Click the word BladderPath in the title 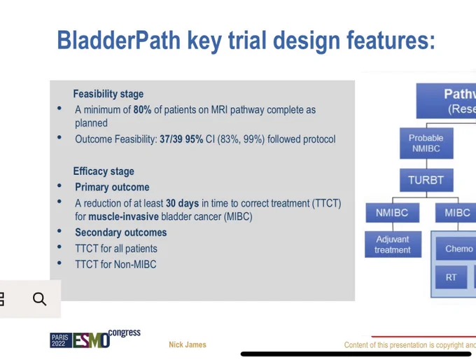[x=119, y=40]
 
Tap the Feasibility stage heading [x=108, y=94]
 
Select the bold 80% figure [x=142, y=110]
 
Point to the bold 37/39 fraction [x=171, y=139]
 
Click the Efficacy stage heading [x=104, y=172]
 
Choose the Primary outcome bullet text [x=112, y=187]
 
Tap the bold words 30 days [x=182, y=203]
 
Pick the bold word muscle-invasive [x=124, y=216]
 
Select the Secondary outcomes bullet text [x=121, y=233]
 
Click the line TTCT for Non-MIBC [x=115, y=264]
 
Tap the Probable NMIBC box [x=426, y=143]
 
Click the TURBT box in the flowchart [x=426, y=180]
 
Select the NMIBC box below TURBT [x=392, y=213]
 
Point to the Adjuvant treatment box [x=393, y=244]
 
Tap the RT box [x=451, y=277]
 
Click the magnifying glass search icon [x=39, y=299]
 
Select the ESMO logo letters [x=91, y=340]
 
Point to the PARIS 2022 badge [x=61, y=340]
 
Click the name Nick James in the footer [x=188, y=345]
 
